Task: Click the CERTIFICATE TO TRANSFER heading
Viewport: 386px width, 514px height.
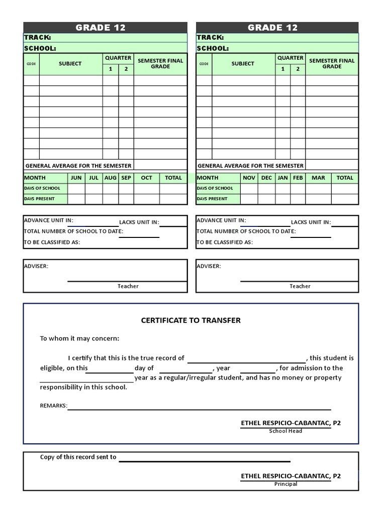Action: click(x=190, y=320)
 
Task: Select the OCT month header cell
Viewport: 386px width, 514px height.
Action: click(x=146, y=178)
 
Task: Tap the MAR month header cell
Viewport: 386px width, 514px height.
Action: click(x=318, y=178)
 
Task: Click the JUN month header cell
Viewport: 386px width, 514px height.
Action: click(x=76, y=178)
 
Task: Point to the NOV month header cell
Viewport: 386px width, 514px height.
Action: click(x=249, y=178)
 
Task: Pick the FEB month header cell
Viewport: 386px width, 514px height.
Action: click(x=298, y=178)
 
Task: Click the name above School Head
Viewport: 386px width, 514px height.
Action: click(x=291, y=423)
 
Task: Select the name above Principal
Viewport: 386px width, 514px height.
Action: click(x=291, y=476)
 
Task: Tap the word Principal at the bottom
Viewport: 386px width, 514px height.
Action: click(x=285, y=484)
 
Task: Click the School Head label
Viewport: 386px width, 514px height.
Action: click(x=285, y=431)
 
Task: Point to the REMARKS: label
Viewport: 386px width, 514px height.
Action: click(x=53, y=406)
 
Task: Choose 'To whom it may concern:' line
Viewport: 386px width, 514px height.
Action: click(x=79, y=338)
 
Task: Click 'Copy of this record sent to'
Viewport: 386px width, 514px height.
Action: click(x=78, y=457)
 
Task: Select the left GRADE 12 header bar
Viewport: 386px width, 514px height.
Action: click(x=105, y=28)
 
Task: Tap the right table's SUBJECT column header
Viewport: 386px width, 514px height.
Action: click(x=243, y=64)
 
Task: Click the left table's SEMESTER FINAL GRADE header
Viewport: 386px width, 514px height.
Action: click(x=160, y=64)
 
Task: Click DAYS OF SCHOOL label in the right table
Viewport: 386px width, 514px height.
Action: click(x=215, y=188)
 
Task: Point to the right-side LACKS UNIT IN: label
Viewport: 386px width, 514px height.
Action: click(x=311, y=222)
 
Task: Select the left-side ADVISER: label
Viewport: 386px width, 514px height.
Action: click(x=36, y=266)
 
